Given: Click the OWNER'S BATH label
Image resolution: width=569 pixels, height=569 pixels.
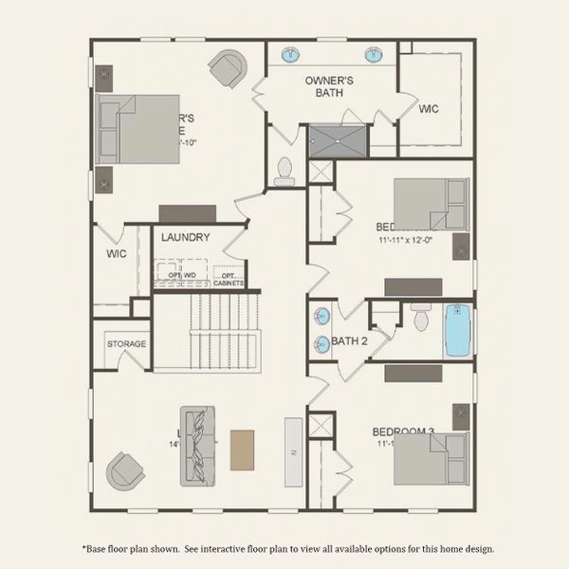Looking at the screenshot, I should [329, 87].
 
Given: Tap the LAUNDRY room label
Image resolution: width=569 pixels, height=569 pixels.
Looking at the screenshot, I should [185, 237].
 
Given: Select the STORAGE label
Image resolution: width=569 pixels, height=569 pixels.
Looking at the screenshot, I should [126, 343].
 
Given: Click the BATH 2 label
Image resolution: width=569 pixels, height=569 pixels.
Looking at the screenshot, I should [349, 341].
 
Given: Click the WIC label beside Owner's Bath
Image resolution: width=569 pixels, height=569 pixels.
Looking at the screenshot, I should [429, 109].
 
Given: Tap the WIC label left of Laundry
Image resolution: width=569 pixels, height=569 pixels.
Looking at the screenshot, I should [117, 254].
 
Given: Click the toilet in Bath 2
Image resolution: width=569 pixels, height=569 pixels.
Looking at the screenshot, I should [421, 315].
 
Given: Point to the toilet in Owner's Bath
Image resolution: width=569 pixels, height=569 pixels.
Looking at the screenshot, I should [283, 170].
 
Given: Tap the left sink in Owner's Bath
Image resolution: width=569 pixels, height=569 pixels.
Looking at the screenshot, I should [291, 53].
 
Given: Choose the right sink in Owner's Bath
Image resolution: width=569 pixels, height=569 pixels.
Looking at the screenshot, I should [373, 53].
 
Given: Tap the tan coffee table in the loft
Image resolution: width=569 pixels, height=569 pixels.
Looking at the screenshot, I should [243, 450].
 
